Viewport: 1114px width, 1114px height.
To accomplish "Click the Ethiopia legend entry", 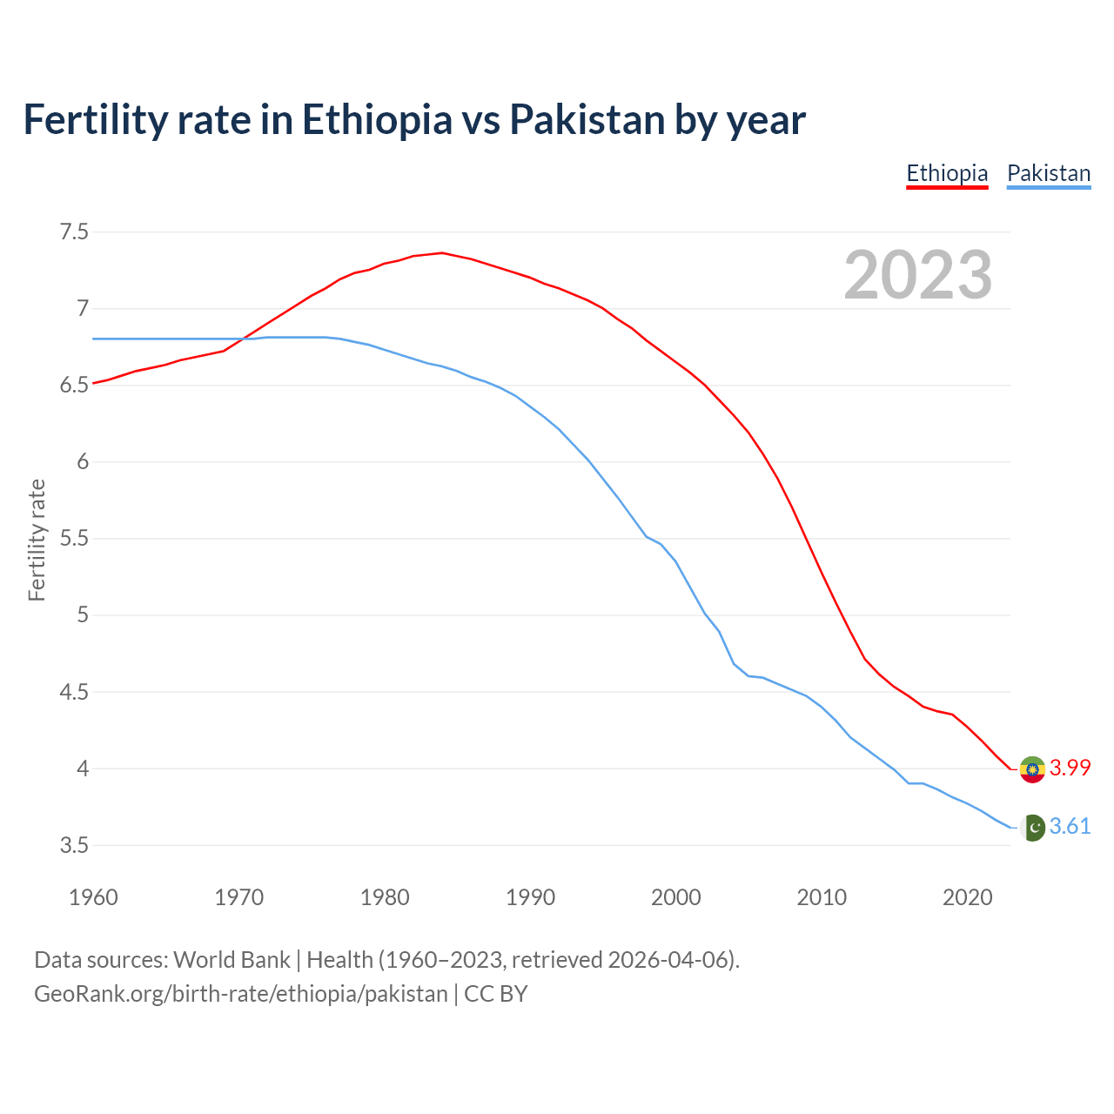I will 947,173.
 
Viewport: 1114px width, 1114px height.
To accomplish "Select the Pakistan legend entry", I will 1049,173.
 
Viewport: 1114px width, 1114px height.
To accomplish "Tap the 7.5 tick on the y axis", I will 74,232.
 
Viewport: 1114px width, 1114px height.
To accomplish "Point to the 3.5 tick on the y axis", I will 74,845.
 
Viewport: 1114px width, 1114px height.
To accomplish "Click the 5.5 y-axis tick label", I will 74,539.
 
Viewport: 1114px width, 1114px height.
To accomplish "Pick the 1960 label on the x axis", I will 93,897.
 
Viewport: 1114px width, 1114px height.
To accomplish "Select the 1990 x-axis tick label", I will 530,897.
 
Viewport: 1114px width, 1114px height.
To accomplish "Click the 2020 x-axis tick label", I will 967,897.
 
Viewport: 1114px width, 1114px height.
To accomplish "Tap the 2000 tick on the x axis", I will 675,897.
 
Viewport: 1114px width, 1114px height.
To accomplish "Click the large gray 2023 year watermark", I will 918,275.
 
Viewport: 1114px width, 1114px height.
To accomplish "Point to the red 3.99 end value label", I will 1070,768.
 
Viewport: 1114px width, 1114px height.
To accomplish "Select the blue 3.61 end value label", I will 1070,826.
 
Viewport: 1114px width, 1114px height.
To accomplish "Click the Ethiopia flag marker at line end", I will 1032,769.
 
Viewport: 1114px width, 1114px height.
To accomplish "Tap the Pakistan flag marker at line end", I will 1032,827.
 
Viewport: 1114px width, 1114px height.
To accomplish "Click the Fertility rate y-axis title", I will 37,540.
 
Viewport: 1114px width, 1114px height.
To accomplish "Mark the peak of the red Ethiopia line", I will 442,252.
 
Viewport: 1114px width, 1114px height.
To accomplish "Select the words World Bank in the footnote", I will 232,960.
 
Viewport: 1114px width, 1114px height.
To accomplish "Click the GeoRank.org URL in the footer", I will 240,994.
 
